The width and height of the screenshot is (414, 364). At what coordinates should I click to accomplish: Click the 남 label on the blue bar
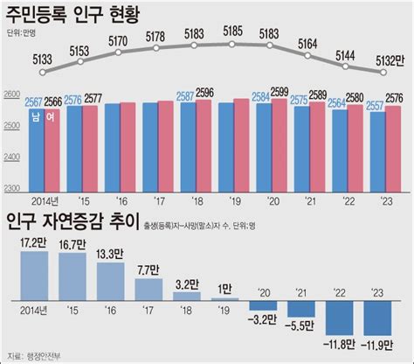click(x=35, y=114)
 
